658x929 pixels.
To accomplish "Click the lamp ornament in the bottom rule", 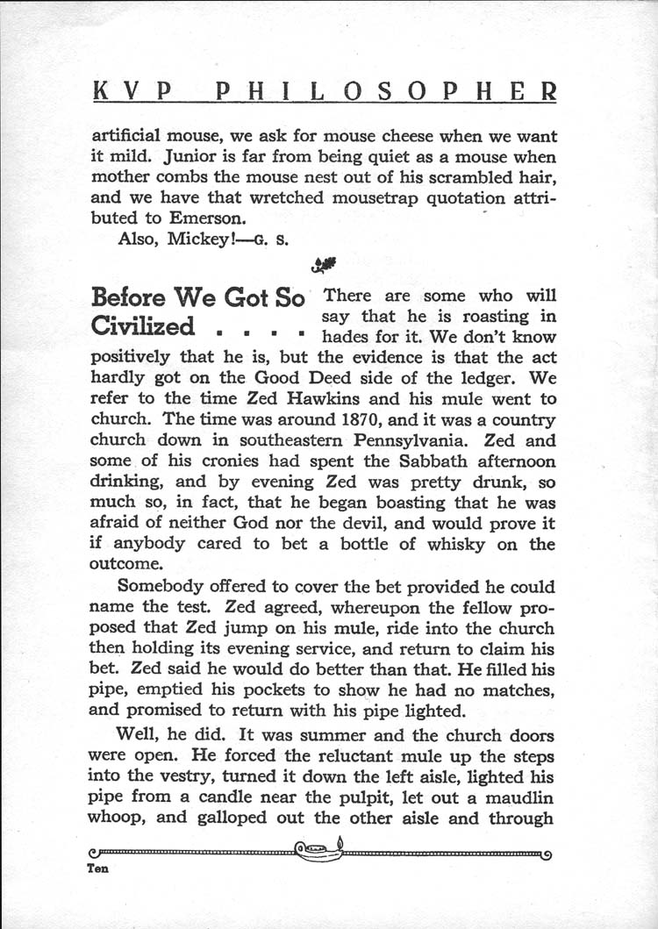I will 318,849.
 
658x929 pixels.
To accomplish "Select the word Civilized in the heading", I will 142,326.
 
